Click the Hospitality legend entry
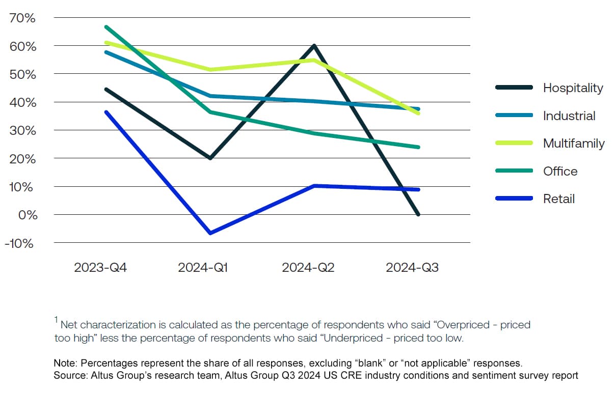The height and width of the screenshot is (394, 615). (573, 88)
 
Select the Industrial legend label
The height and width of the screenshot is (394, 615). (569, 116)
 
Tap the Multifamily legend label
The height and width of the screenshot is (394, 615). (574, 144)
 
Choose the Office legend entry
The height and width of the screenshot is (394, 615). (560, 172)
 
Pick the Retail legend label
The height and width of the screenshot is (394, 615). (558, 199)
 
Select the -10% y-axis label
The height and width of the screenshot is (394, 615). (19, 243)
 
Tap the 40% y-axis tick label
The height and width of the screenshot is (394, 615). (23, 103)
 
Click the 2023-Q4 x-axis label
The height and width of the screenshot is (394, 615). (100, 268)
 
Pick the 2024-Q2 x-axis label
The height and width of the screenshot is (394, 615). (308, 268)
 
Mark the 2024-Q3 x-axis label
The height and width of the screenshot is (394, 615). (412, 268)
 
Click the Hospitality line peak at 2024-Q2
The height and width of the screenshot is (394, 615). (314, 46)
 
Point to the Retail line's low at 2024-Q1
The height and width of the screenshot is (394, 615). (209, 233)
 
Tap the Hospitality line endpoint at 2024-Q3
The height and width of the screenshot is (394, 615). (418, 214)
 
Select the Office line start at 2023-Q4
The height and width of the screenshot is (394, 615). (105, 26)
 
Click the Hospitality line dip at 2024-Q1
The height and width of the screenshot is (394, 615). (209, 158)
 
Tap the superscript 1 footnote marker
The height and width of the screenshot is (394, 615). (56, 320)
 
